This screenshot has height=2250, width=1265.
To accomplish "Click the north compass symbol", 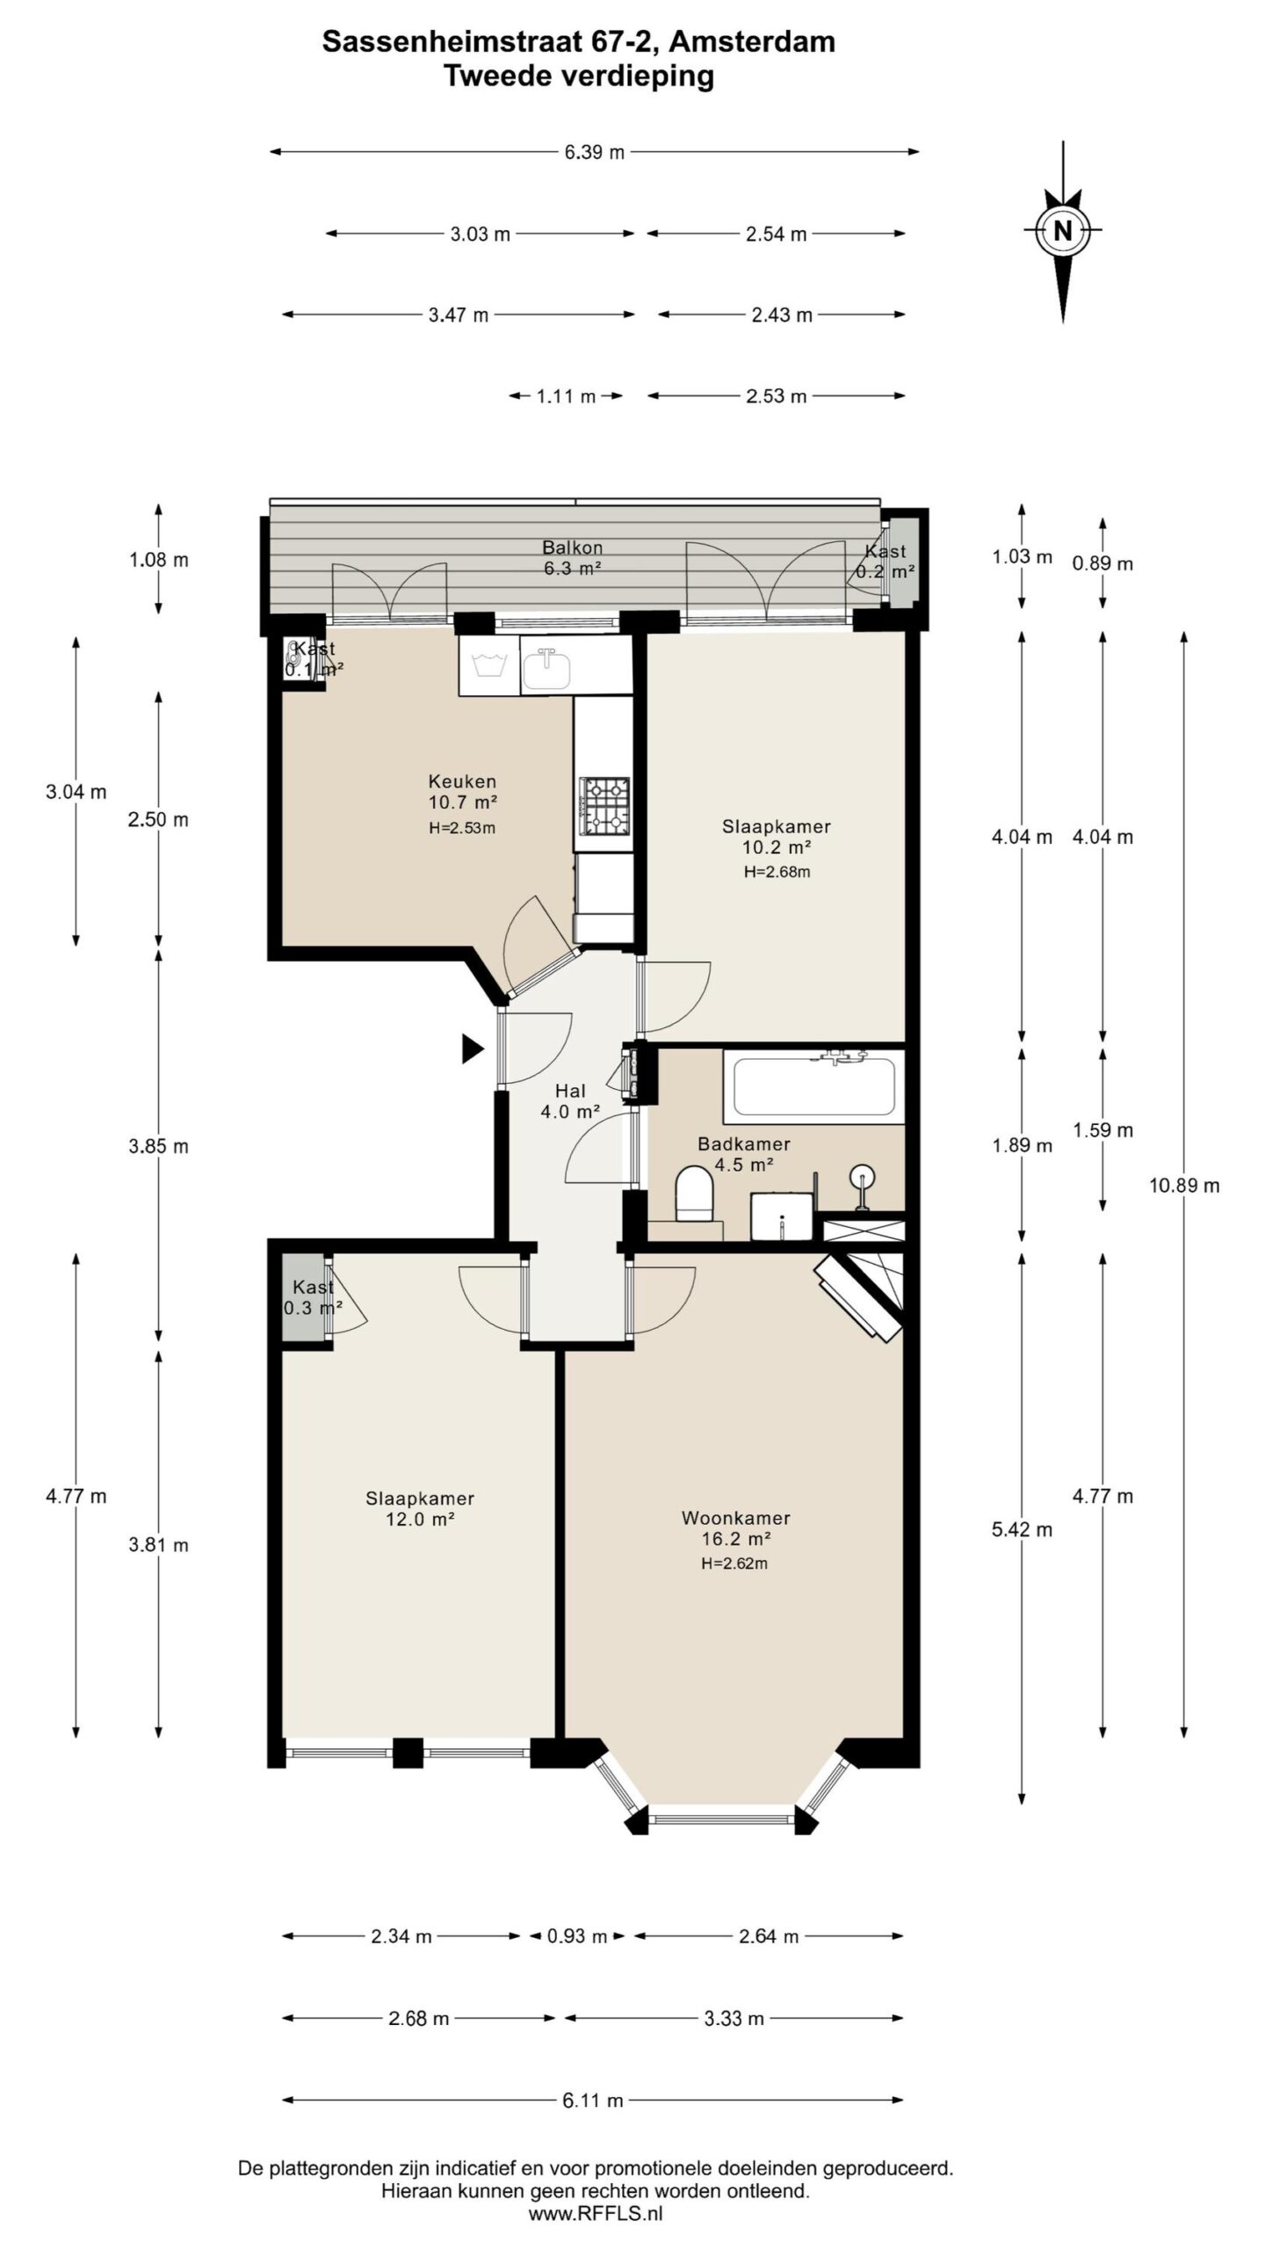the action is pyautogui.click(x=1063, y=231).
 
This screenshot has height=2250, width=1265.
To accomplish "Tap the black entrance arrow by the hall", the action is pyautogui.click(x=473, y=1049).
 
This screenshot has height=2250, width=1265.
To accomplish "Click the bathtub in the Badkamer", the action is pyautogui.click(x=813, y=1085).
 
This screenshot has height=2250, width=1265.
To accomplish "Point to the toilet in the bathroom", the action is pyautogui.click(x=695, y=1194).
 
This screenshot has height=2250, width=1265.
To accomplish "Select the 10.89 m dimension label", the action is pyautogui.click(x=1184, y=1186).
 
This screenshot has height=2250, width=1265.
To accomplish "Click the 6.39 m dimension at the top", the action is pyautogui.click(x=595, y=152).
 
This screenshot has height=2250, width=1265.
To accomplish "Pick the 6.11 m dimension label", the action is pyautogui.click(x=593, y=2101).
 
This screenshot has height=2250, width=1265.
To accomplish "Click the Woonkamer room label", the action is pyautogui.click(x=735, y=1517).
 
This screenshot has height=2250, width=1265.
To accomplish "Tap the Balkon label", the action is pyautogui.click(x=572, y=548).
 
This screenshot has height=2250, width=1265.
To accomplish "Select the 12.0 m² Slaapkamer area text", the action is pyautogui.click(x=420, y=1519).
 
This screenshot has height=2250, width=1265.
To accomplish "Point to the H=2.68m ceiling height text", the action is pyautogui.click(x=777, y=872).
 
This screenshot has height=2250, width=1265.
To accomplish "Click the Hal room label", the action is pyautogui.click(x=570, y=1091).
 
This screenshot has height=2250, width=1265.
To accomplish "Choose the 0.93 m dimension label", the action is pyautogui.click(x=577, y=1936).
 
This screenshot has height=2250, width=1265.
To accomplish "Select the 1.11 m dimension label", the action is pyautogui.click(x=567, y=396).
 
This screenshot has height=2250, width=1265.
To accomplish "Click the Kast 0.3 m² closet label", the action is pyautogui.click(x=314, y=1296).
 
